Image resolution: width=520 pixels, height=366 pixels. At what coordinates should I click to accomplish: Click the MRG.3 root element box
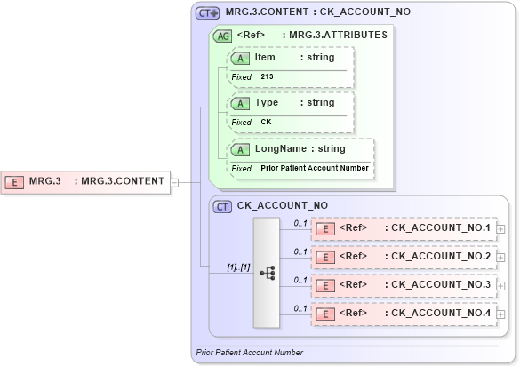point(85,181)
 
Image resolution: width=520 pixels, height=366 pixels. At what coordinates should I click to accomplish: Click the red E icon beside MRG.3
point(15,182)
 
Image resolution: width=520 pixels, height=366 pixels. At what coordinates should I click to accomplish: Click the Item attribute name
point(265,57)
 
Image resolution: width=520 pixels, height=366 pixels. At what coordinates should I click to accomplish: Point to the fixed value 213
point(267,77)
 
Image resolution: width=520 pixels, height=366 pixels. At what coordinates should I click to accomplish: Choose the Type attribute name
point(266,102)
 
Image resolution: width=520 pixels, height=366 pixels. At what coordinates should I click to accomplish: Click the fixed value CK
point(266,122)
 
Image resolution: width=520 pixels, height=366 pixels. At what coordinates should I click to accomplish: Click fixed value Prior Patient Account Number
point(315,168)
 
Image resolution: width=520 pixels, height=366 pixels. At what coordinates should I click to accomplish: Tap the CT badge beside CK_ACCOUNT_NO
point(223,206)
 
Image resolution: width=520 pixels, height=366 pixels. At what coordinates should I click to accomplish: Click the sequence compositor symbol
point(267,273)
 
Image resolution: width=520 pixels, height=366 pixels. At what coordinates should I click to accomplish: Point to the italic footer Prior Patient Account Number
point(249,353)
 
